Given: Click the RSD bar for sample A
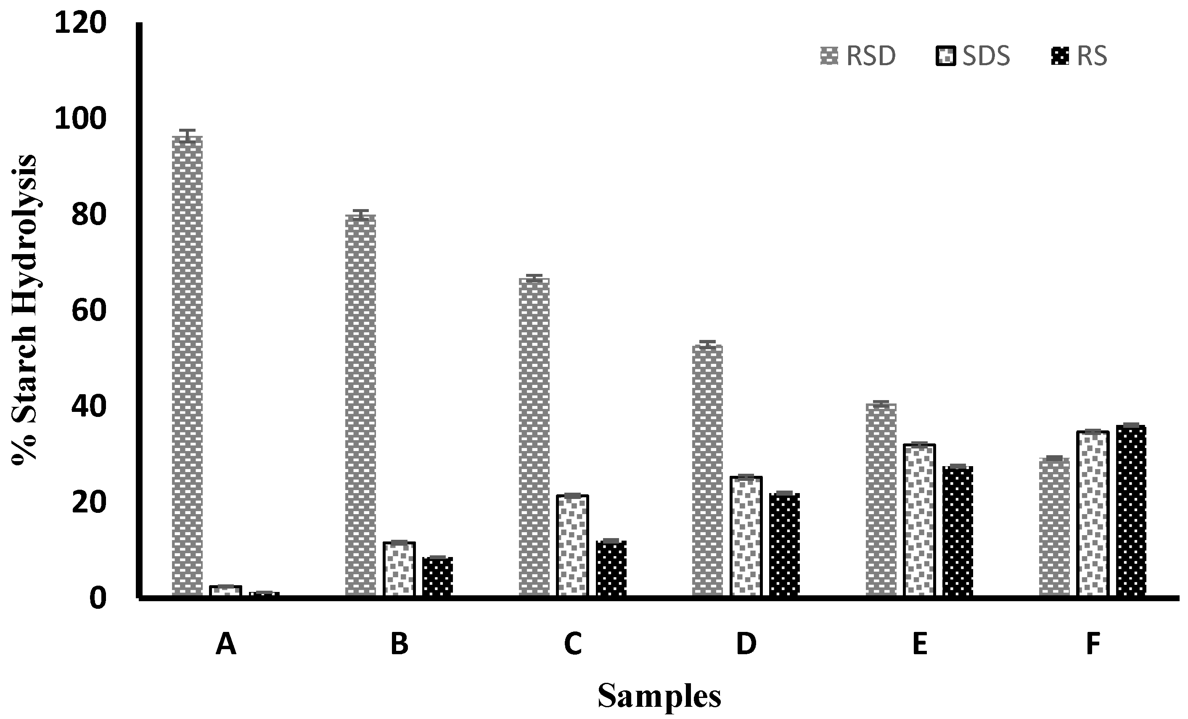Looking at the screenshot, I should pos(187,366).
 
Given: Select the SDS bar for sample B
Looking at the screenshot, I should pos(399,569).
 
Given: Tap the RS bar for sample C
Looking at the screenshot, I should pos(611,569).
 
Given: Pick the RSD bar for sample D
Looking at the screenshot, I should pos(707,470).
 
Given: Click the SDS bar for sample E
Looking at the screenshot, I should pos(919,521).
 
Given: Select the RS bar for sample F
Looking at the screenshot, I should pos(1131,511).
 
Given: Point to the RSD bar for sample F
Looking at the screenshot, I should pos(1054,528).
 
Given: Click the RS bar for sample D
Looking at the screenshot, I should pos(784,545).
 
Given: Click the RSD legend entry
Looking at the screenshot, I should pos(858,56).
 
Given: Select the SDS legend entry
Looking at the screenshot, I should pos(973,56).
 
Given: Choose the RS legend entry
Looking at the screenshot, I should pos(1080,56).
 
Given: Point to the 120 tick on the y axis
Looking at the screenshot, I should pos(80,23).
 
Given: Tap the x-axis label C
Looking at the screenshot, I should pos(573,644).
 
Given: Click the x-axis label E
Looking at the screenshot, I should pos(919,644).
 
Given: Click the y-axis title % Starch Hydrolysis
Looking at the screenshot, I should pos(24,309).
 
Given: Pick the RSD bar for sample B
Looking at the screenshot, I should pos(361,405).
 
